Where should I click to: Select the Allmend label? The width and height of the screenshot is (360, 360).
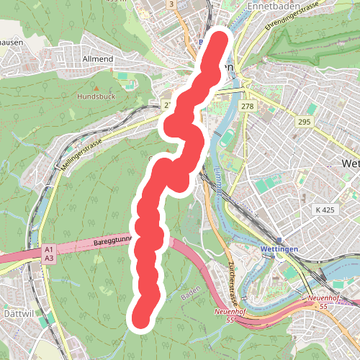(x=99, y=58)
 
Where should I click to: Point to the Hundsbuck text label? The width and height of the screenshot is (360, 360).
(x=96, y=95)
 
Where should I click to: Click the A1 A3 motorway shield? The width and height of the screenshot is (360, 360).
(x=49, y=253)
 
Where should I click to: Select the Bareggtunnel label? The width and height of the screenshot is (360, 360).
(x=112, y=243)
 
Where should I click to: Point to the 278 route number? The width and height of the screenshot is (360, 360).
(x=248, y=107)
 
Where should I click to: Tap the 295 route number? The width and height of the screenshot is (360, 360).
(x=303, y=122)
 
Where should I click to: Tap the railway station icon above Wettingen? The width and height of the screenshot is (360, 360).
(x=280, y=240)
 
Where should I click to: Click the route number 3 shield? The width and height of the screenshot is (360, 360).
(x=171, y=4)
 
